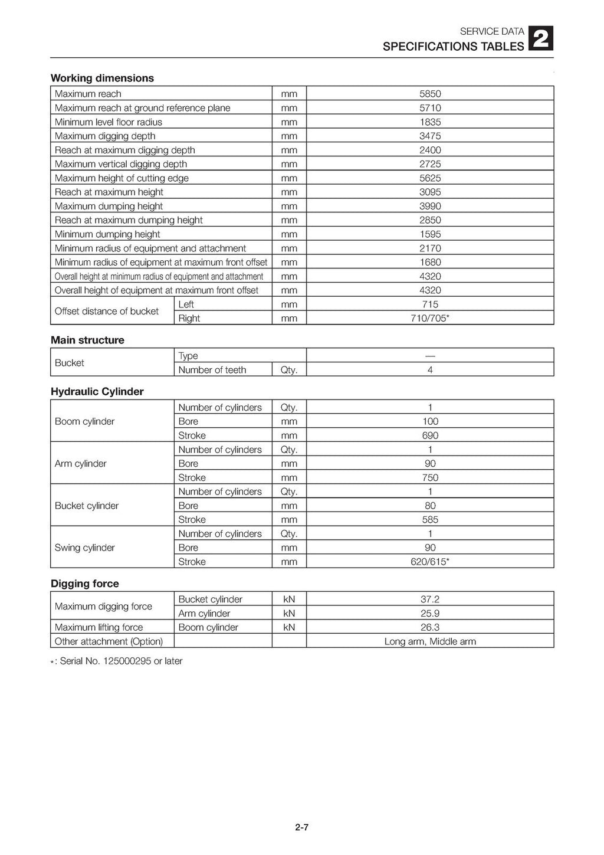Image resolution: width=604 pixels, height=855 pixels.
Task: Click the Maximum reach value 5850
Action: [430, 94]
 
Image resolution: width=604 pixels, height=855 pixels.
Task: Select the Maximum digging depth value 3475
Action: [430, 136]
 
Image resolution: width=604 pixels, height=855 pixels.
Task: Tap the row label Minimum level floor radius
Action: [109, 122]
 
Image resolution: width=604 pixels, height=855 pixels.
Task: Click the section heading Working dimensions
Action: [102, 78]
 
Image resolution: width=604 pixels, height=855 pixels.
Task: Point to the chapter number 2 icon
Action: [541, 40]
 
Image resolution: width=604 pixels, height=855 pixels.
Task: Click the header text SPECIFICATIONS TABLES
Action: [453, 47]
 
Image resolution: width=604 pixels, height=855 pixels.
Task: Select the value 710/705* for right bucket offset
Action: [430, 318]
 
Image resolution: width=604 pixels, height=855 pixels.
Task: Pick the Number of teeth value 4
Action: [430, 370]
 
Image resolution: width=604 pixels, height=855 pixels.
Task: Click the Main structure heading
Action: [87, 340]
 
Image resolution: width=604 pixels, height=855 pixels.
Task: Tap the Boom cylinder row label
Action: [84, 421]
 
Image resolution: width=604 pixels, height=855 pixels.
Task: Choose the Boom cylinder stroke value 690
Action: [430, 435]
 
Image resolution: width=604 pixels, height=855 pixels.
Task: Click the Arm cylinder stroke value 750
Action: [430, 477]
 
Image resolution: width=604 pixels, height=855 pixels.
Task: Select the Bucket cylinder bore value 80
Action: [430, 506]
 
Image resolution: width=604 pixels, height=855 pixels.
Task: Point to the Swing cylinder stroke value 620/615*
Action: [430, 562]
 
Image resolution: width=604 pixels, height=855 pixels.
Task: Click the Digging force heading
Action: [85, 584]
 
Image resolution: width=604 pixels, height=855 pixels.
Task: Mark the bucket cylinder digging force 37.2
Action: [430, 600]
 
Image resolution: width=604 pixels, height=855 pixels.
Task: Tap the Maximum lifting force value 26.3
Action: [430, 627]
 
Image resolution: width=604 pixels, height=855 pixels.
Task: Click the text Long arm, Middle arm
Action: [430, 641]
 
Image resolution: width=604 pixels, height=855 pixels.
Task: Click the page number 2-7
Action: [302, 827]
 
